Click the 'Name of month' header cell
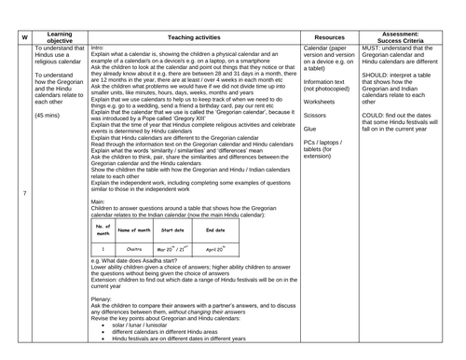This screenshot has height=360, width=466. point(134,229)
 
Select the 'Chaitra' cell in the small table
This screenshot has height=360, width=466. point(133,249)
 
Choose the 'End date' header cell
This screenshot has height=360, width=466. point(215,229)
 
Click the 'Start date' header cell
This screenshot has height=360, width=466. point(173,229)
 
